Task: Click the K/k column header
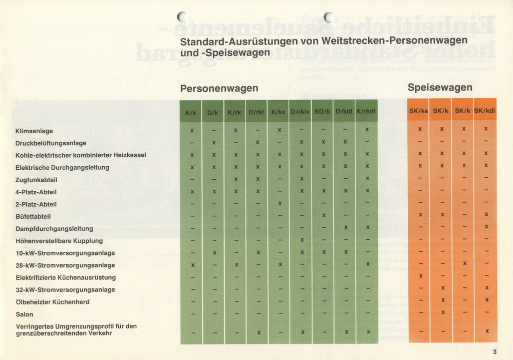click(191, 113)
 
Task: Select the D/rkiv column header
click(300, 112)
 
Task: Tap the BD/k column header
click(322, 112)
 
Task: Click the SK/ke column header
click(419, 111)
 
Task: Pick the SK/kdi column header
click(485, 111)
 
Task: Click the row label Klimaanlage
click(34, 131)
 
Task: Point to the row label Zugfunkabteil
click(36, 180)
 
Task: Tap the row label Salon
click(25, 314)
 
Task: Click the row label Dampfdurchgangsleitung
click(54, 229)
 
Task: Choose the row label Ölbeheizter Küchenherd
click(53, 302)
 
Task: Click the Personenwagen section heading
click(219, 89)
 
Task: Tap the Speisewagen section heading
click(440, 88)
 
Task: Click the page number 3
click(494, 351)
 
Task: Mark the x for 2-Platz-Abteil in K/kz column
click(280, 203)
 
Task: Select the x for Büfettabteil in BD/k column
click(324, 215)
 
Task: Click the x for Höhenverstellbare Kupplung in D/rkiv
click(302, 240)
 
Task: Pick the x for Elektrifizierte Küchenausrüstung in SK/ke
click(421, 276)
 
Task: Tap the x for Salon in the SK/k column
click(443, 312)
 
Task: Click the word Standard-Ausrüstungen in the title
click(239, 41)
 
